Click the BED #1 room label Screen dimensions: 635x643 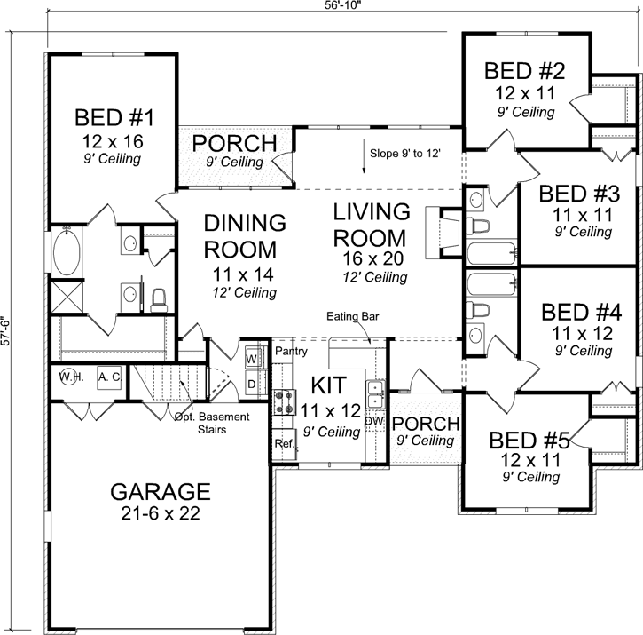pyautogui.click(x=115, y=118)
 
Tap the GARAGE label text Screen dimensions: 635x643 pyautogui.click(x=160, y=491)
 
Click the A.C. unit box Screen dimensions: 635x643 pyautogui.click(x=110, y=377)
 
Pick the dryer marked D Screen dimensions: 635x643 pyautogui.click(x=251, y=384)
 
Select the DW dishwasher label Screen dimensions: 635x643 pyautogui.click(x=374, y=422)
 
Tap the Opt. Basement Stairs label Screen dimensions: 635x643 pyautogui.click(x=212, y=423)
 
